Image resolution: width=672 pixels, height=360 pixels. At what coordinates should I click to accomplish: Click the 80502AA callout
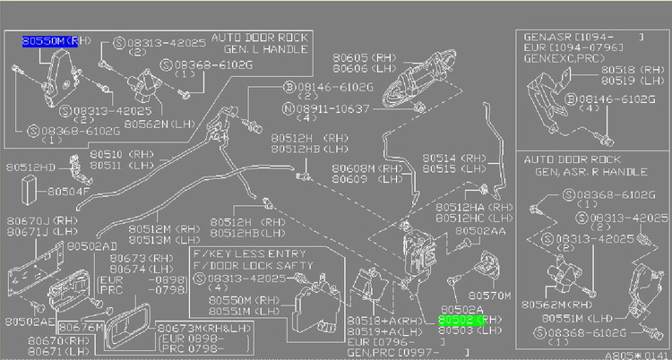point(482,231)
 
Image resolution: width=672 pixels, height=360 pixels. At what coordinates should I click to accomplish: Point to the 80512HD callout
point(30,167)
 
